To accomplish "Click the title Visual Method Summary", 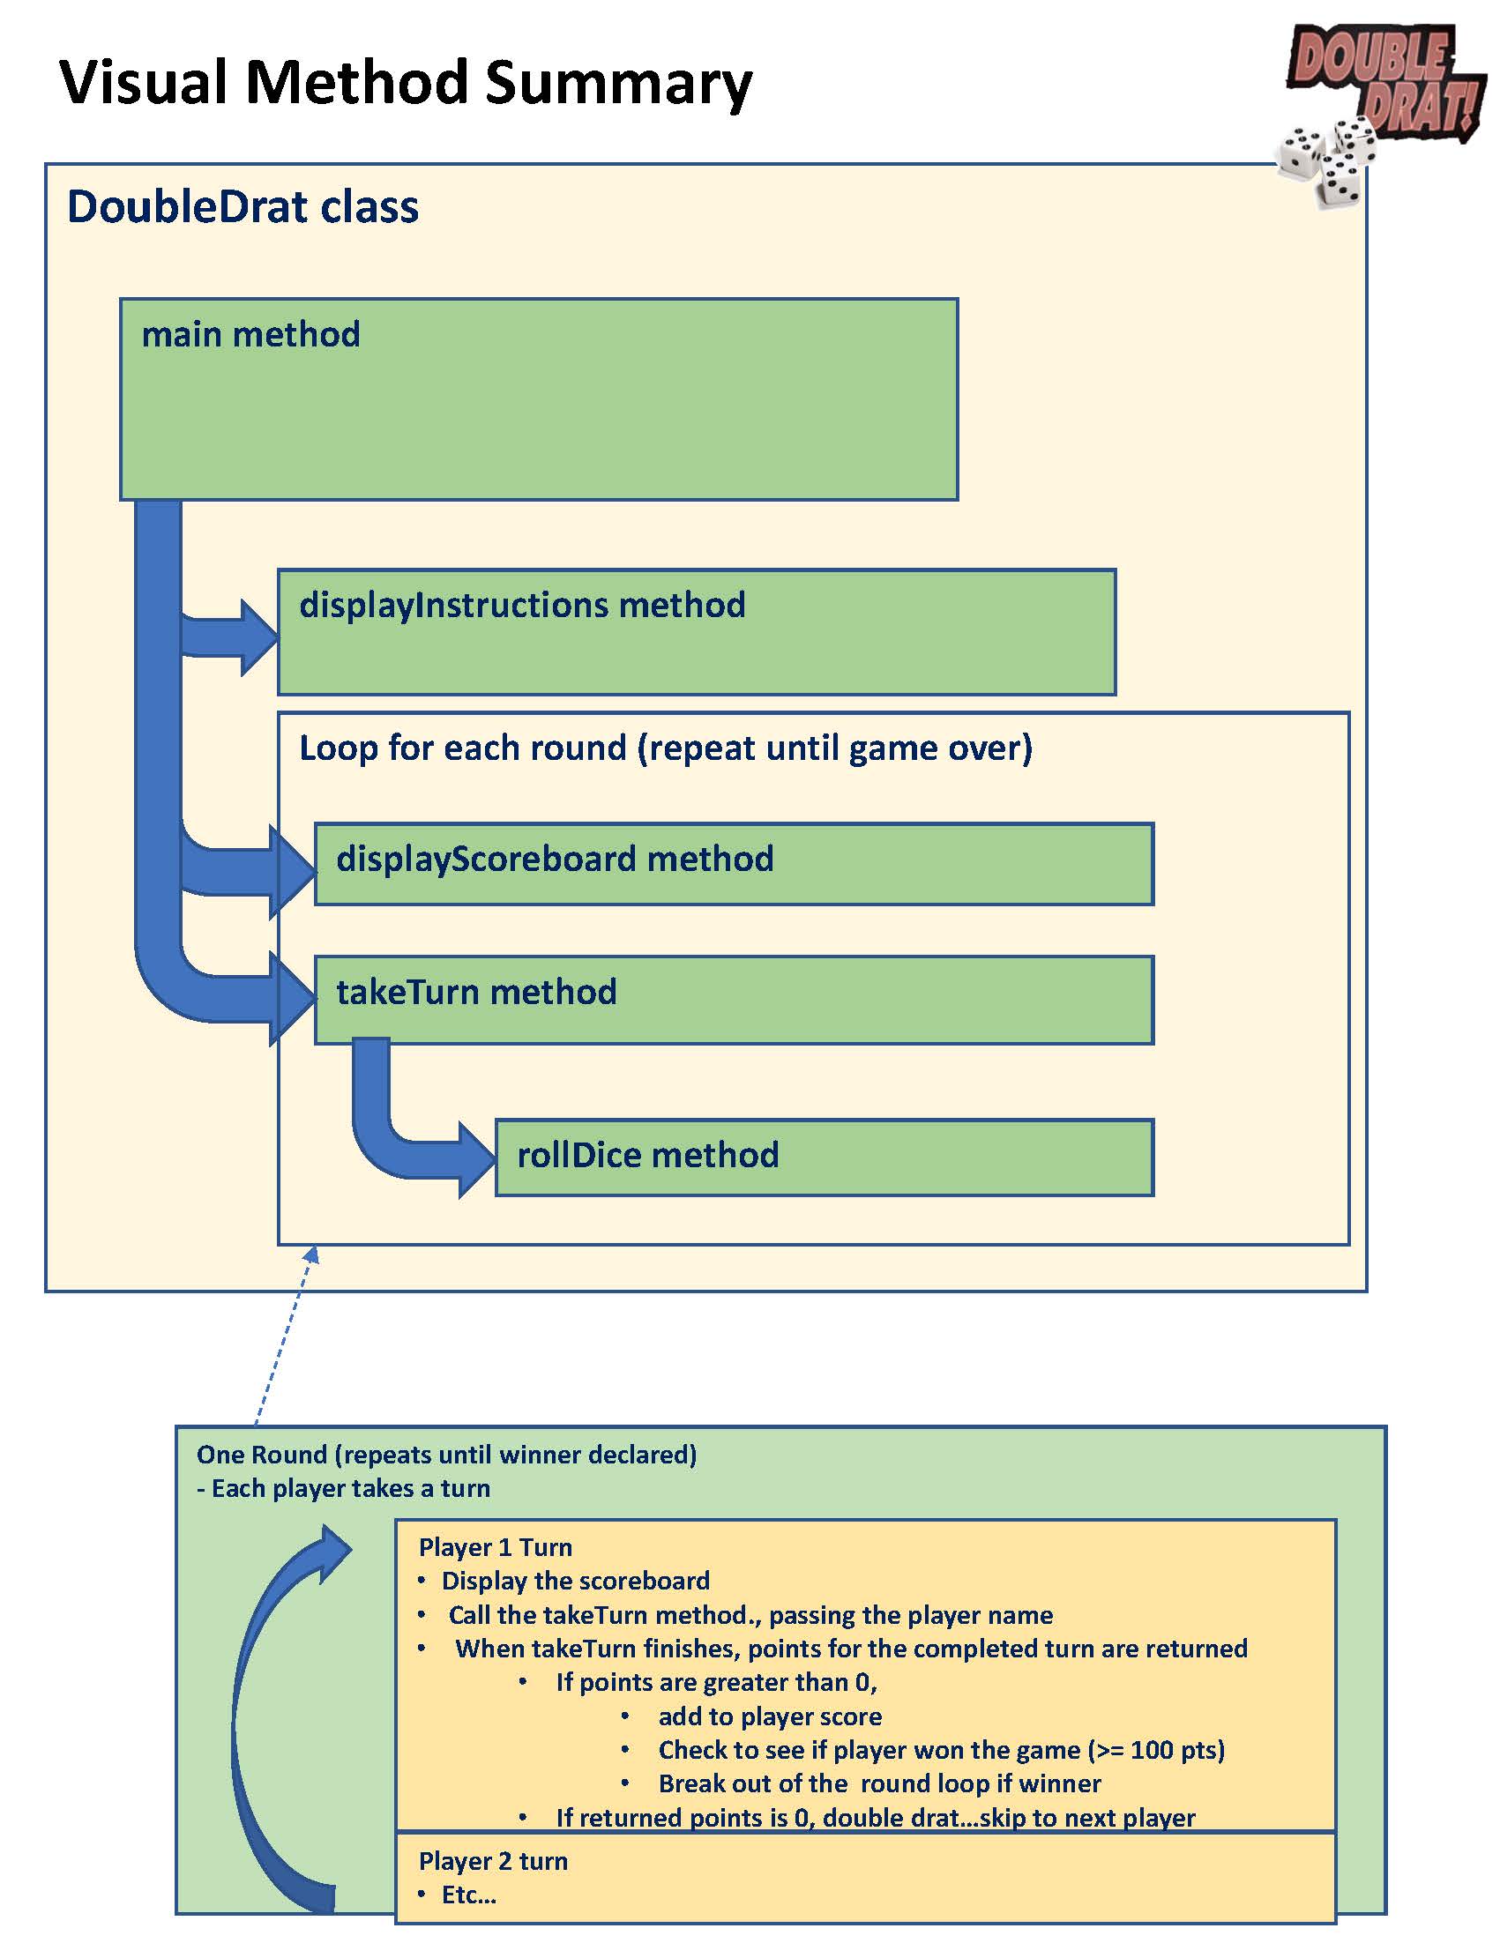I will pos(406,83).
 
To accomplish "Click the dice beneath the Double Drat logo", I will pos(1325,160).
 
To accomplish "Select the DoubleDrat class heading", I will pos(242,207).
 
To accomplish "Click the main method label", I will pos(251,335).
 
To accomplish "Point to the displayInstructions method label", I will pos(522,606).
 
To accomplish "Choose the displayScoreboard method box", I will pos(733,864).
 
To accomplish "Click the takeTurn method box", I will pos(733,999).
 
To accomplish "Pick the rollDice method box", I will pos(823,1157).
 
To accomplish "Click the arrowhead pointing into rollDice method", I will pos(478,1159).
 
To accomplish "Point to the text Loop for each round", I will pos(666,748).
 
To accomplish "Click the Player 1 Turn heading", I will pos(495,1547).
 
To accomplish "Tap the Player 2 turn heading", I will pos(493,1860).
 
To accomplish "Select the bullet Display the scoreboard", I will pos(575,1581).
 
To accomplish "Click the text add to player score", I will pos(770,1716).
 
